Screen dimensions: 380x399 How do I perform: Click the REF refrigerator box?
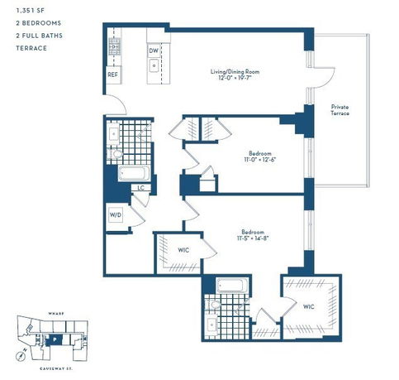[x=113, y=75]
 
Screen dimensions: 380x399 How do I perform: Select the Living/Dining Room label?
[x=235, y=73]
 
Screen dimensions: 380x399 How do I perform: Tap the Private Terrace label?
[x=343, y=110]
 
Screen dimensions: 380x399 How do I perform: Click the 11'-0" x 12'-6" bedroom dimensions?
[x=260, y=159]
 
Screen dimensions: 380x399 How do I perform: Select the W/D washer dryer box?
[x=116, y=216]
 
